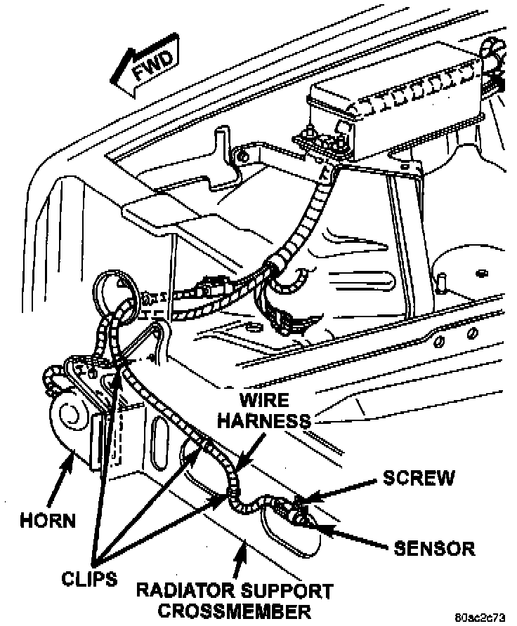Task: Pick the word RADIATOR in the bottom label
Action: click(185, 589)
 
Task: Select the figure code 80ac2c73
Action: click(480, 618)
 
